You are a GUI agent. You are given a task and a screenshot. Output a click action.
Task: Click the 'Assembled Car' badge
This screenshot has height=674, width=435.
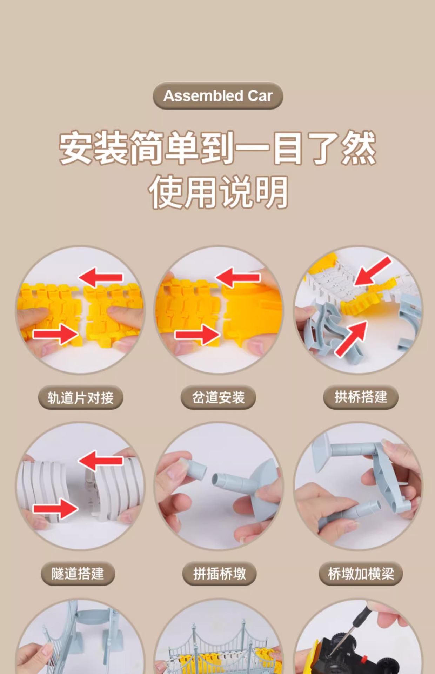pyautogui.click(x=218, y=96)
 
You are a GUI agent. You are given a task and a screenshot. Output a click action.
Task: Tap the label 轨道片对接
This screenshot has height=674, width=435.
pyautogui.click(x=80, y=398)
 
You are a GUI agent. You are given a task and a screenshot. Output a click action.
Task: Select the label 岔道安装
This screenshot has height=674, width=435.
pyautogui.click(x=218, y=398)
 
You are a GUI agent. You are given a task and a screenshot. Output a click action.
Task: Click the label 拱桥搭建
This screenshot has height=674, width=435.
pyautogui.click(x=360, y=397)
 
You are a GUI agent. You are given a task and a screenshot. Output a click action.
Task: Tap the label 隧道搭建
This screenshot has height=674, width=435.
pyautogui.click(x=78, y=574)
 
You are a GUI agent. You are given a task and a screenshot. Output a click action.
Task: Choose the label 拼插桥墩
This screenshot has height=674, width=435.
pyautogui.click(x=219, y=574)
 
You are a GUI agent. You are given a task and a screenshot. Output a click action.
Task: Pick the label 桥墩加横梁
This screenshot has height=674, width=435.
pyautogui.click(x=360, y=574)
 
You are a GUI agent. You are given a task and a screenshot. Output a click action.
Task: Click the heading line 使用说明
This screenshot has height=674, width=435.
pyautogui.click(x=218, y=192)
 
